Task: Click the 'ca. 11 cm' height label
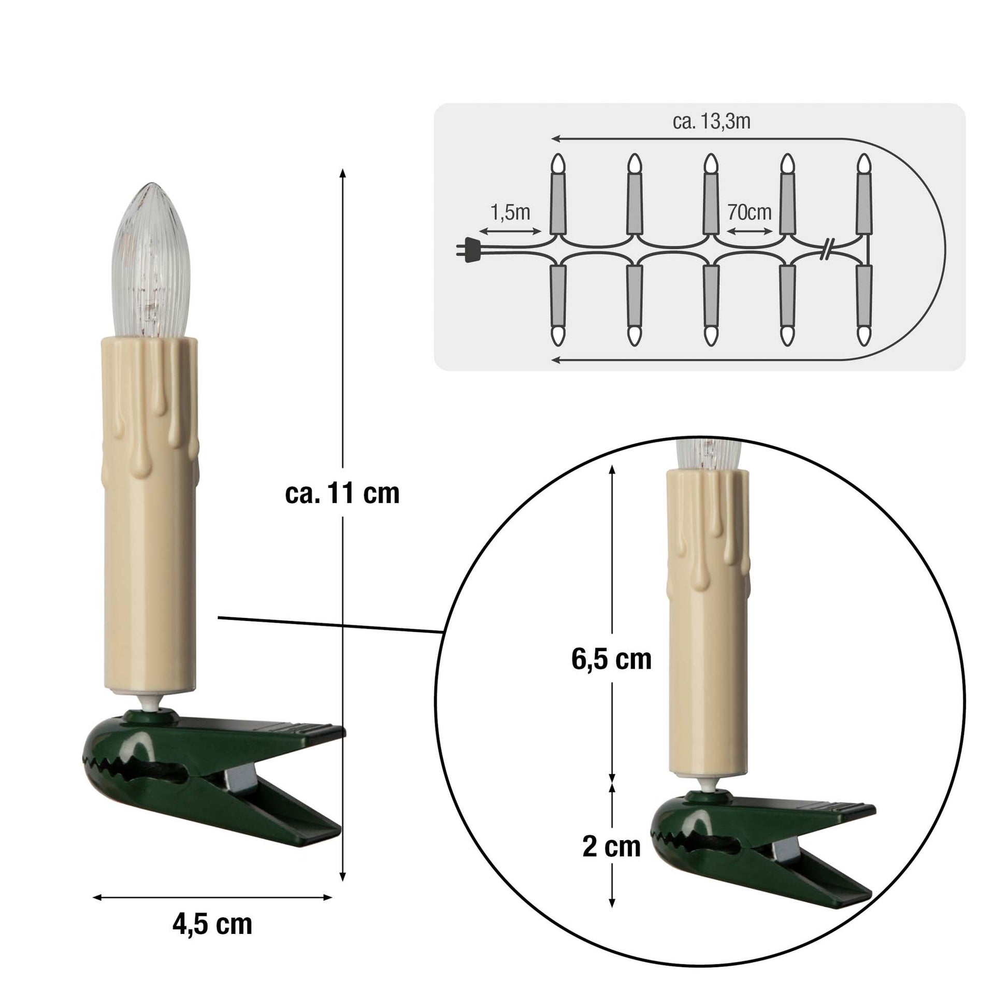tap(342, 493)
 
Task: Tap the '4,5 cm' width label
tap(212, 925)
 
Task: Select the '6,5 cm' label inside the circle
tap(611, 659)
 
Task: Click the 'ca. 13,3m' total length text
tap(712, 122)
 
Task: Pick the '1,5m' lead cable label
tap(510, 212)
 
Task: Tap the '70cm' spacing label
tap(749, 212)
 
